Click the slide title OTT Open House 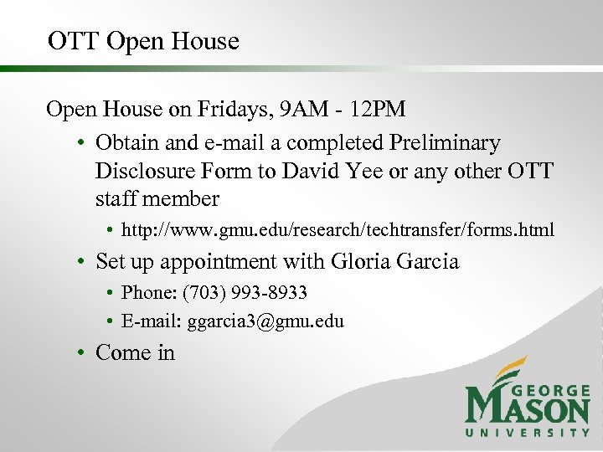click(x=143, y=41)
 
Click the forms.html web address click(x=338, y=229)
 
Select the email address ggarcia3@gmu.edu click(x=265, y=321)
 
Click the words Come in click(x=135, y=353)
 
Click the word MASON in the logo click(x=527, y=409)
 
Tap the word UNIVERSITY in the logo click(x=527, y=432)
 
